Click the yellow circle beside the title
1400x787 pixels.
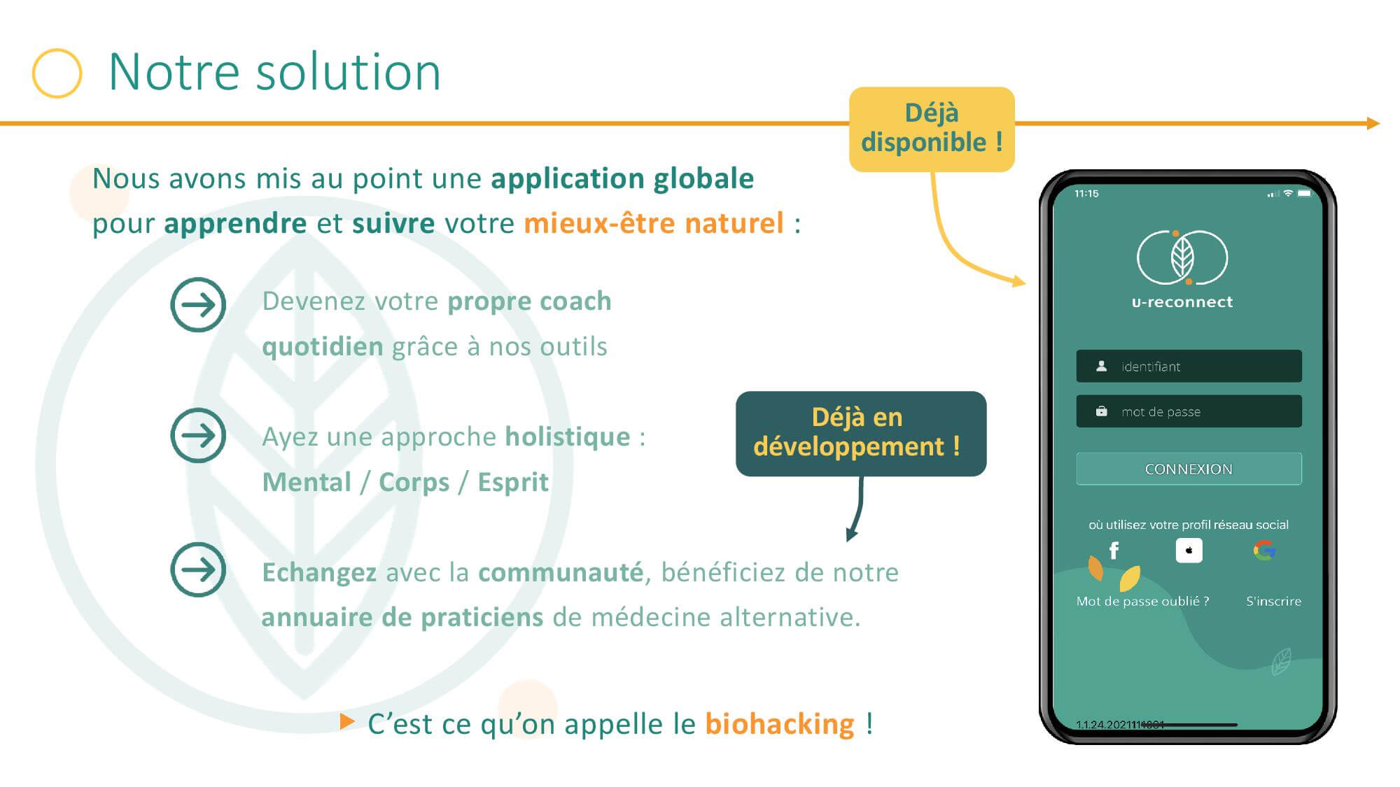point(57,50)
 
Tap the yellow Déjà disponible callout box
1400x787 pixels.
point(932,129)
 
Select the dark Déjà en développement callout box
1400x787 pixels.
point(861,433)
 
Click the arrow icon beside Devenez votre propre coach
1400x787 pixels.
point(198,304)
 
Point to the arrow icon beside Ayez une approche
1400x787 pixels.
point(198,435)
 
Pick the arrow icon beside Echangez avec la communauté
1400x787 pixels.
point(198,569)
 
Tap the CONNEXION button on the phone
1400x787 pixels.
point(1189,469)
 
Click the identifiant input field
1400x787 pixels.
point(1189,366)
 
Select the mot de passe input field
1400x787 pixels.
point(1189,411)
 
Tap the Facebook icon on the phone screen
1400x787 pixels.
point(1114,551)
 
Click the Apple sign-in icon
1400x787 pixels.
point(1189,551)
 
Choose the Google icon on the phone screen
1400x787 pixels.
point(1264,551)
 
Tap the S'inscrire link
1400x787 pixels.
point(1273,601)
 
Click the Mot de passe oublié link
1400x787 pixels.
point(1142,601)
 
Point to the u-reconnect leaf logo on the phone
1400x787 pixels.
point(1182,257)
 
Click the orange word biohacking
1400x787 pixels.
point(780,724)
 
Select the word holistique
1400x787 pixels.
point(568,437)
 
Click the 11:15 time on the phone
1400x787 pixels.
point(1086,194)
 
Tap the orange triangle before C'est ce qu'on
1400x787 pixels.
point(347,721)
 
